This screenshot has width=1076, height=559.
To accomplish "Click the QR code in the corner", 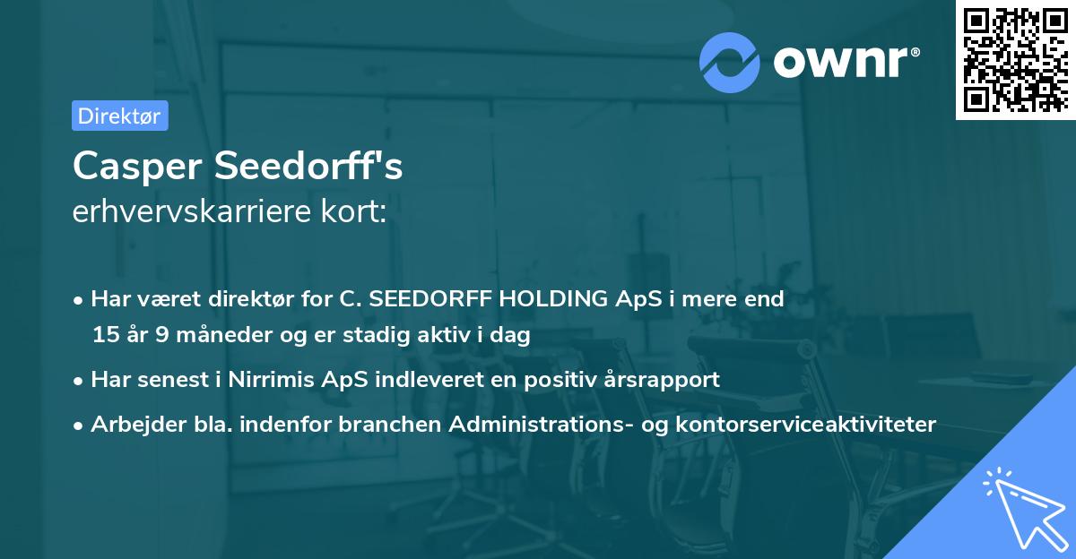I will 1015,59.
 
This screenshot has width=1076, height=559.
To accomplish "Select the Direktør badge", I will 119,116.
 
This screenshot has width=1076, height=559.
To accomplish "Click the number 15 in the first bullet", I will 105,336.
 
